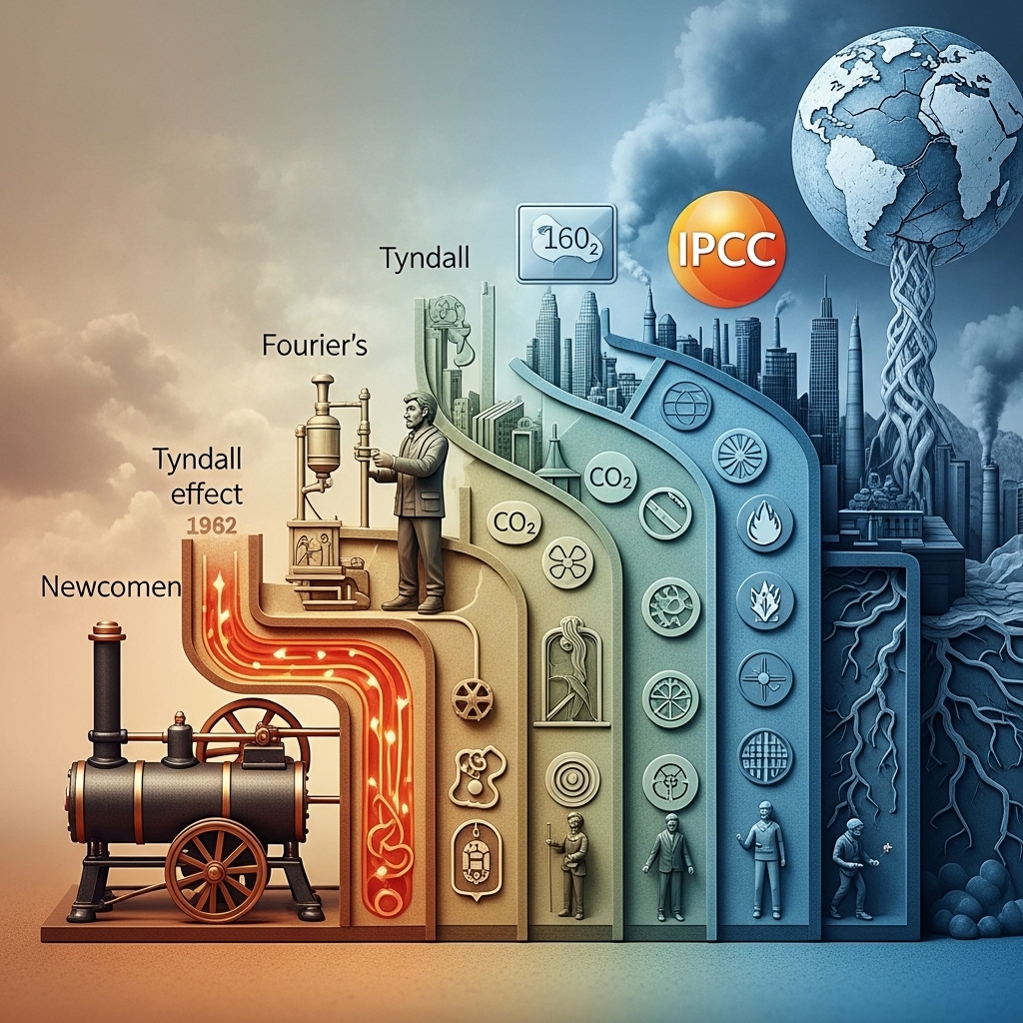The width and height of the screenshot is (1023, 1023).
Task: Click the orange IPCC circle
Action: click(x=727, y=249)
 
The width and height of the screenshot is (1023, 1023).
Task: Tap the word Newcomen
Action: click(x=110, y=586)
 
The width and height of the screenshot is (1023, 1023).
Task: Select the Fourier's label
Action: click(x=315, y=345)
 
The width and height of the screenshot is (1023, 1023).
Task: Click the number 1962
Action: click(x=212, y=525)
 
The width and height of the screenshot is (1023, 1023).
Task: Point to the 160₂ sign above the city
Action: click(x=565, y=244)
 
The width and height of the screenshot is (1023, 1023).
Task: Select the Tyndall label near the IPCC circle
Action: click(x=424, y=259)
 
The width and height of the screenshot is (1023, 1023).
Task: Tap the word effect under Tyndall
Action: click(x=206, y=493)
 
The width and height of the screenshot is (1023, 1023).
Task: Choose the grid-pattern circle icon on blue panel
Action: click(x=765, y=756)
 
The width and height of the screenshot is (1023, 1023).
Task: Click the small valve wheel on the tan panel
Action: click(x=472, y=698)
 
